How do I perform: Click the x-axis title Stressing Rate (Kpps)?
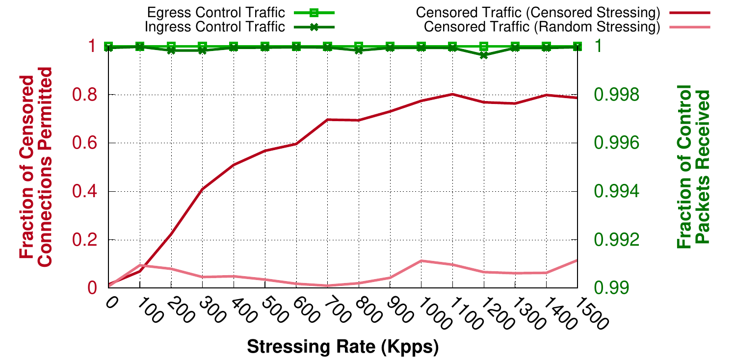click(x=342, y=347)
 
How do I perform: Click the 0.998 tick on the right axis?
click(x=617, y=95)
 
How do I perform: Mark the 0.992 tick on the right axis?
click(x=617, y=240)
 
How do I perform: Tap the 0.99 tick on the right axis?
click(x=611, y=288)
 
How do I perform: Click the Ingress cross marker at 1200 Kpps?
click(x=484, y=55)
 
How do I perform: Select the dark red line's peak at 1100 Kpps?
click(x=452, y=94)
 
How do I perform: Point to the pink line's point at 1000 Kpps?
click(x=421, y=261)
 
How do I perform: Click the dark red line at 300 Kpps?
click(x=203, y=189)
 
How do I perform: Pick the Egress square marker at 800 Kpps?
click(x=359, y=47)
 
